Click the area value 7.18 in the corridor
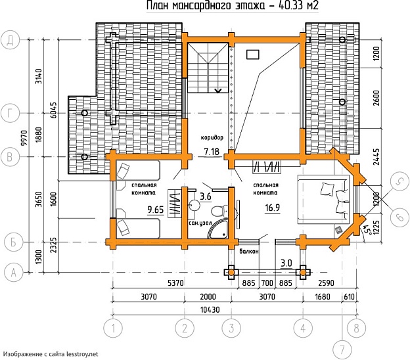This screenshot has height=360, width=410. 212,152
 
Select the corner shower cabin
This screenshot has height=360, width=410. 217,229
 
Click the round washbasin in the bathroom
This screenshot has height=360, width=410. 194,205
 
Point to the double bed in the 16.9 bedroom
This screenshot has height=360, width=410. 323,199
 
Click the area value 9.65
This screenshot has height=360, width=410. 155,210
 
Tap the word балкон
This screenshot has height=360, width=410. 249,252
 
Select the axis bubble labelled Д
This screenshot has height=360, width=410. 11,40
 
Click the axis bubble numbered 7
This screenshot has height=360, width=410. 342,349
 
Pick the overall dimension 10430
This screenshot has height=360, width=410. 210,310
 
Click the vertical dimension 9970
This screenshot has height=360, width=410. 24,138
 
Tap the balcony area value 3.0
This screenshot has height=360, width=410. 286,263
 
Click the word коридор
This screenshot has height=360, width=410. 212,137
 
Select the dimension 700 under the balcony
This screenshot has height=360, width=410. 267,283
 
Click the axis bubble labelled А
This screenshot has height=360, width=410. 14,273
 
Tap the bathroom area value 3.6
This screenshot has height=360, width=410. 206,196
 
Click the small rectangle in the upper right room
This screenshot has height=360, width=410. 252,55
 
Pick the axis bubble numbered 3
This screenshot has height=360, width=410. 231,328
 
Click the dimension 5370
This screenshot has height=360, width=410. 175,283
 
